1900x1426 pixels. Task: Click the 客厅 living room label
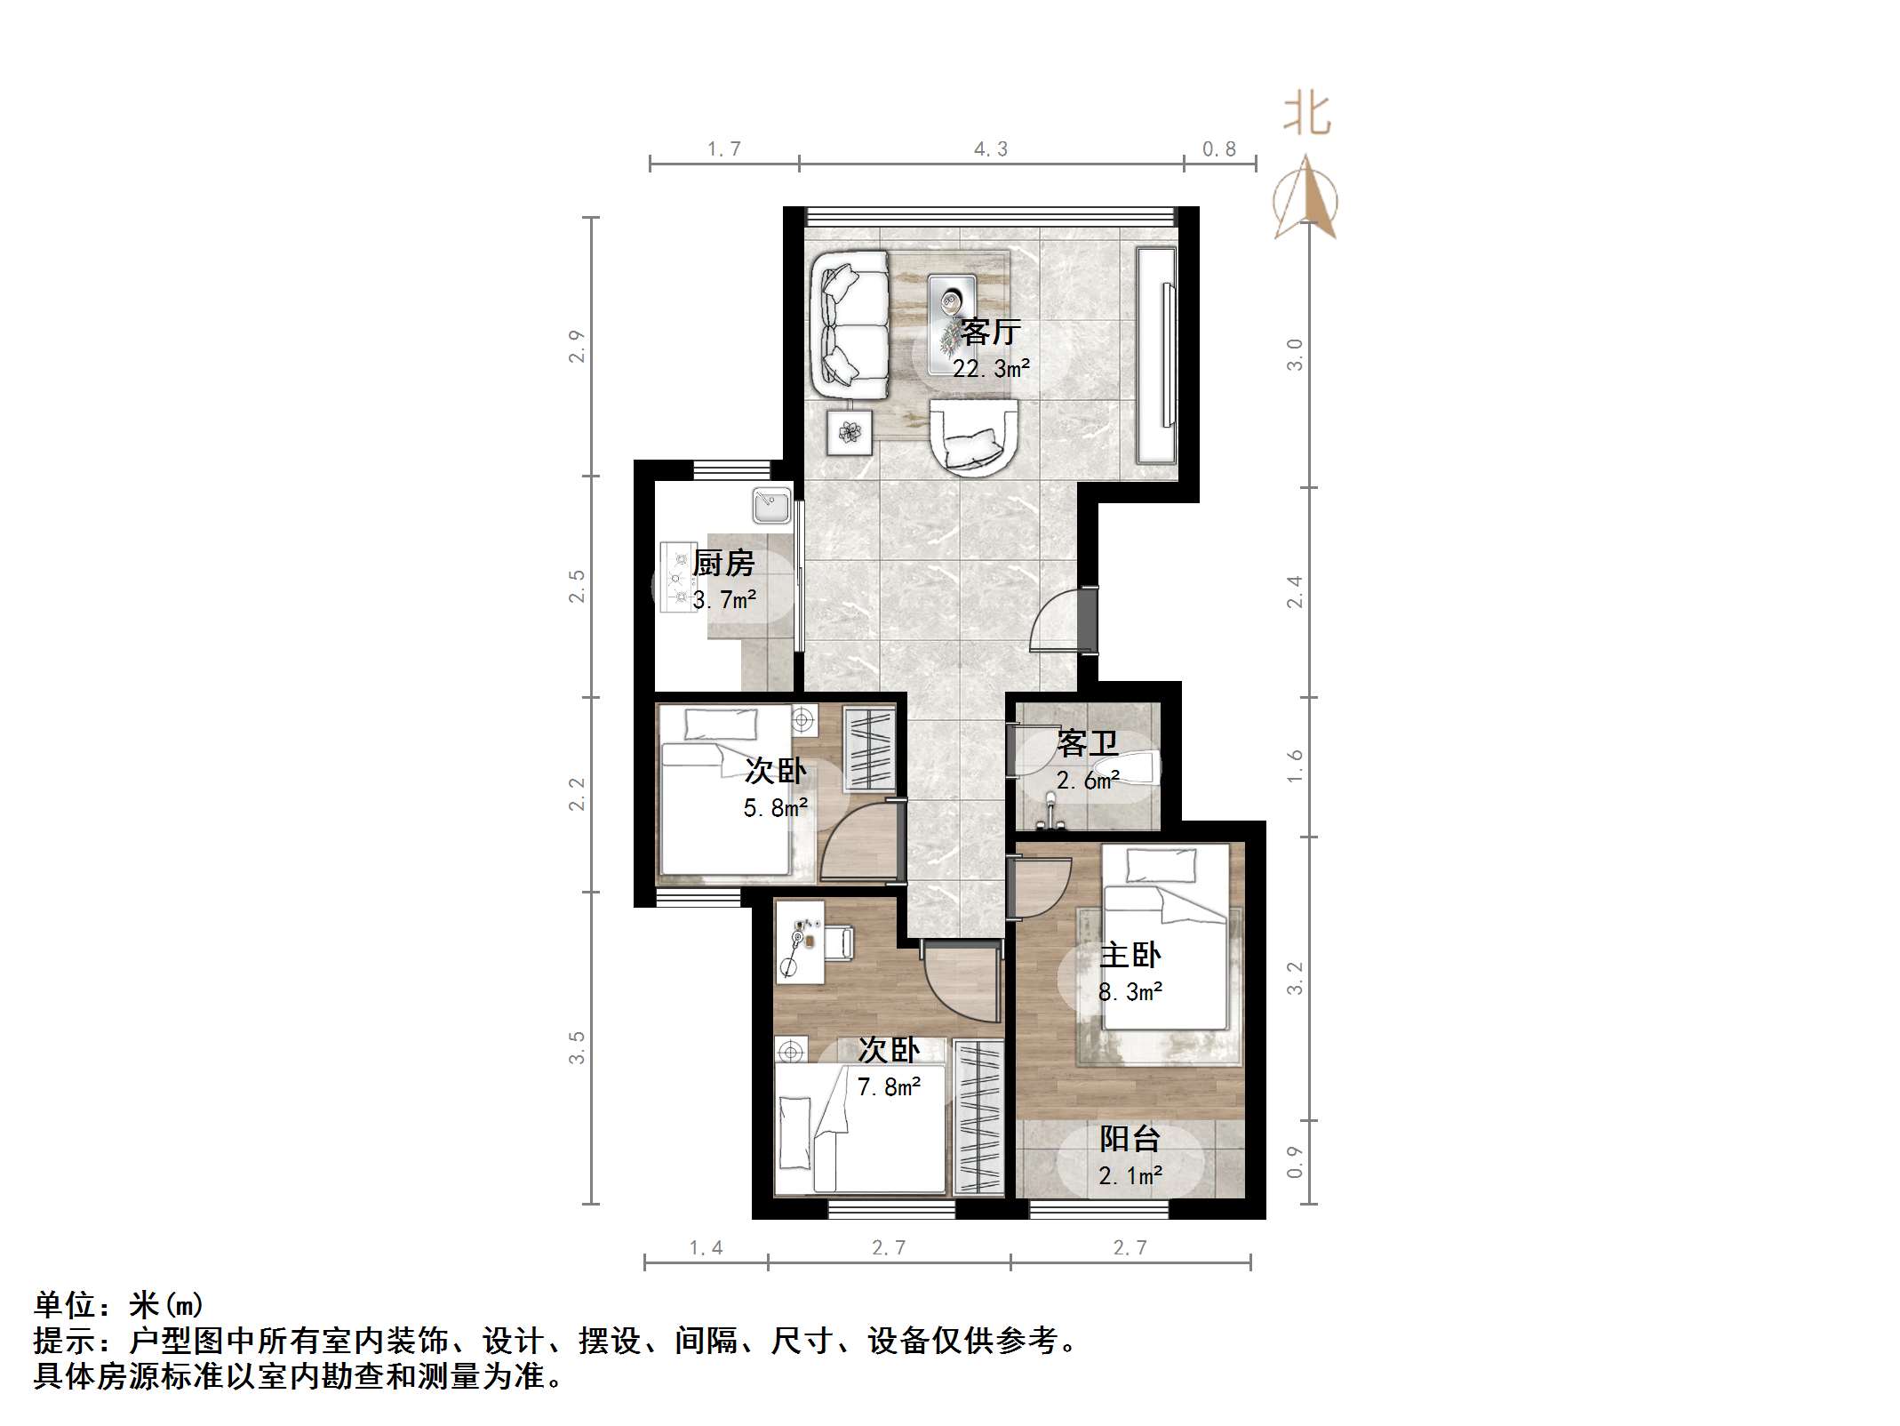coord(990,332)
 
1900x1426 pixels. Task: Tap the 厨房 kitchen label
coord(723,563)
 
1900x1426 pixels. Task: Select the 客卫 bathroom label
coord(1087,743)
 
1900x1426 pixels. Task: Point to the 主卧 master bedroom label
coord(1130,956)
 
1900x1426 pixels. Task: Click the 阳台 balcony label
coord(1130,1139)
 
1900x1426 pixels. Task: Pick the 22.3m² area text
coord(991,368)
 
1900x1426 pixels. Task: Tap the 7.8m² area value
coord(889,1086)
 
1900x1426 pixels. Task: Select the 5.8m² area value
coord(775,807)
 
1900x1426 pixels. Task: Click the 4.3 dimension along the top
coord(991,149)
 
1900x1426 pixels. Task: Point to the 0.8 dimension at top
coord(1219,149)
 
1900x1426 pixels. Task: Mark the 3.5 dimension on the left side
coord(578,1047)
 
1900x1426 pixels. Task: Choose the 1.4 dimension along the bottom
coord(707,1247)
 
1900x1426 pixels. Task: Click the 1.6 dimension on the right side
coord(1295,765)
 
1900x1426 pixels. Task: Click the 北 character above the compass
coord(1306,115)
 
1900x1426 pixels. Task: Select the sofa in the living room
coord(850,324)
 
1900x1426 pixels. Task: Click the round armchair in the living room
coord(972,437)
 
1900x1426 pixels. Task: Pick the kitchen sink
coord(771,506)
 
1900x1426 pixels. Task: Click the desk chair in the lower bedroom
coord(840,942)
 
